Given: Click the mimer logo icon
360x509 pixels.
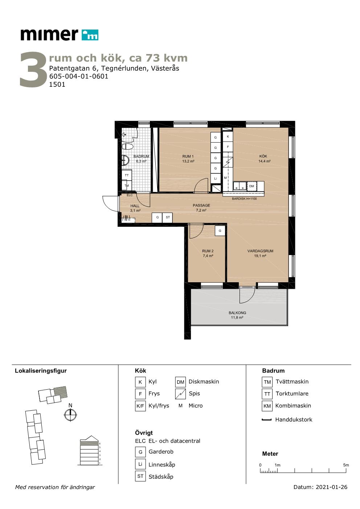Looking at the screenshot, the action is coord(90,35).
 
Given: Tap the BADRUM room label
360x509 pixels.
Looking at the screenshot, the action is coord(141,156).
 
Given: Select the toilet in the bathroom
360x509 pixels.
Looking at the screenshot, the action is coord(127,146).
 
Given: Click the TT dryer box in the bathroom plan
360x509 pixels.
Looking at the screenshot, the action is coord(127,175).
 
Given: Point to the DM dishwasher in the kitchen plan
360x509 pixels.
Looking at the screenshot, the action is coord(251,186).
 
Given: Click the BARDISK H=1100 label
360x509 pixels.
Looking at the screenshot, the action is coord(244,198).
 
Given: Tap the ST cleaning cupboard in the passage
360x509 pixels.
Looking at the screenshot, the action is coord(168,217).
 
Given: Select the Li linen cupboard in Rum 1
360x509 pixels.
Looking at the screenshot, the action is coord(216,178).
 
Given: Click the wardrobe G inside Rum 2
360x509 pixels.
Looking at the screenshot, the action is coord(220,231).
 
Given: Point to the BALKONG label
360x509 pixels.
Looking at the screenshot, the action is coord(237,313).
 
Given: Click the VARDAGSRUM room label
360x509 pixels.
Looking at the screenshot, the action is coord(260,251).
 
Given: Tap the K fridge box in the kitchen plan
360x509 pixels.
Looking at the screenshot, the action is coord(228,136).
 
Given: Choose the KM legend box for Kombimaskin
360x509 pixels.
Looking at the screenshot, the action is coord(267,406).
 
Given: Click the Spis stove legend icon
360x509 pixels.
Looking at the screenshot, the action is coord(180,394).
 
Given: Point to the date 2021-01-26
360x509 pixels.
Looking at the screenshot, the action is coord(332,487).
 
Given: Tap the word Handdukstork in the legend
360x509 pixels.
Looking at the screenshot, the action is coord(294,419).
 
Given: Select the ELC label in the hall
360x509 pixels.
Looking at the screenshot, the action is coord(130,195).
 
